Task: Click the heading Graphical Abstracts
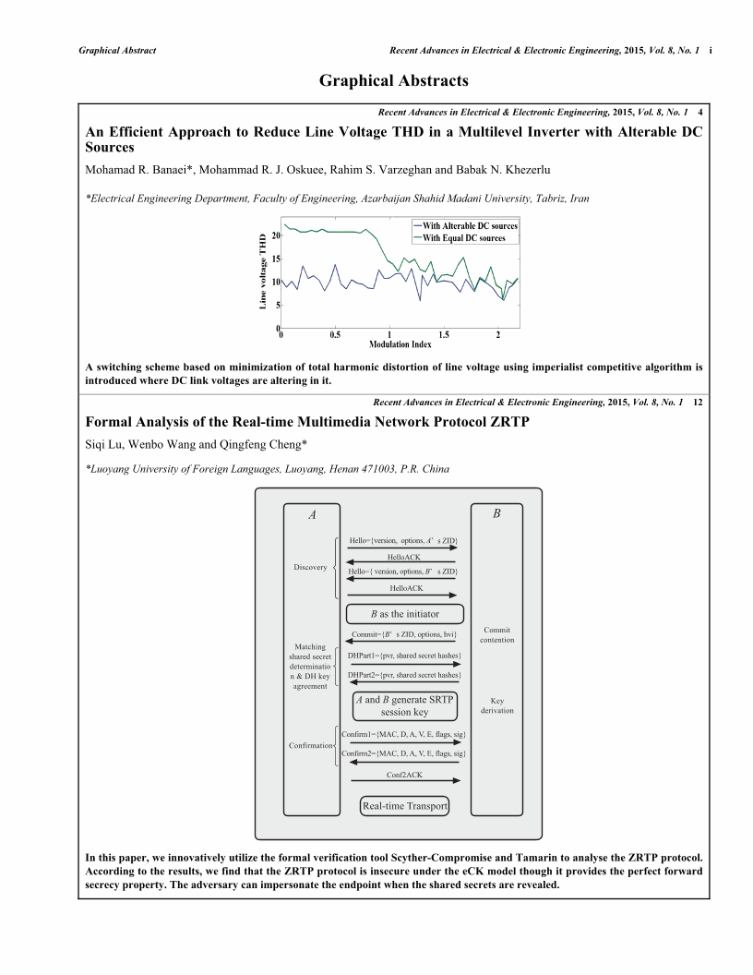(394, 80)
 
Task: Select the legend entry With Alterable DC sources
(469, 226)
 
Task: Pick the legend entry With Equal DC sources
(463, 238)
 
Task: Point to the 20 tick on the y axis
(275, 236)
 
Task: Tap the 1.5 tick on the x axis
(444, 335)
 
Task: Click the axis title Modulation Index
(400, 344)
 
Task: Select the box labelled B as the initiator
(405, 614)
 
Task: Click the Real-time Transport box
(404, 806)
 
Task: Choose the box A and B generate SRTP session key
(405, 706)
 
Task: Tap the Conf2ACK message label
(405, 776)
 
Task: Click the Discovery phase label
(310, 567)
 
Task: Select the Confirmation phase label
(310, 745)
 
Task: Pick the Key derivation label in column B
(496, 705)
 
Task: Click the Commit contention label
(497, 635)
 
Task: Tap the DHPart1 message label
(403, 656)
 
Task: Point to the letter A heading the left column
(312, 515)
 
